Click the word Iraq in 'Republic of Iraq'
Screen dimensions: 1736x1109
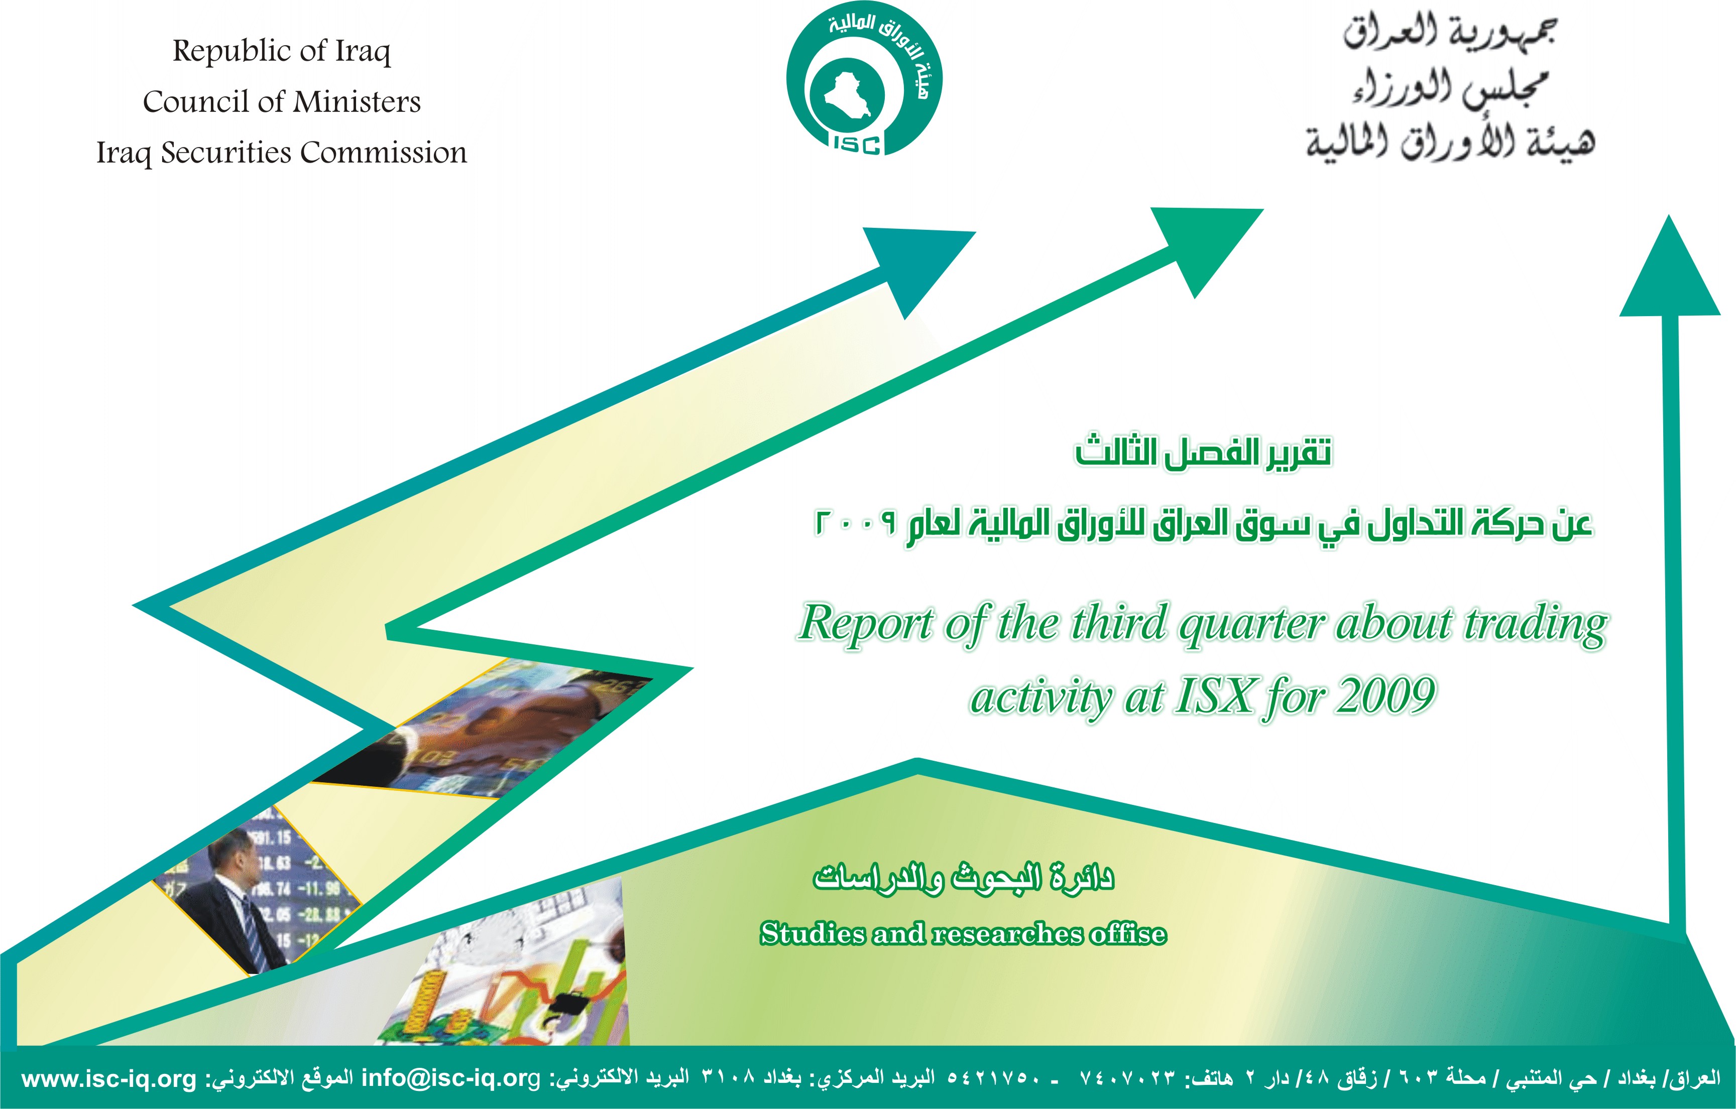363,52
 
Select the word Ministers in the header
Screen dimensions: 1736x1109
357,101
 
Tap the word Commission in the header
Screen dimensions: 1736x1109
384,152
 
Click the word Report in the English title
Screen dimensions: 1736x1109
866,623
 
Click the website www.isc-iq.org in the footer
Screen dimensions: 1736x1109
109,1079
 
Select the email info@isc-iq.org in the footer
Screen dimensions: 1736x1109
450,1079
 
